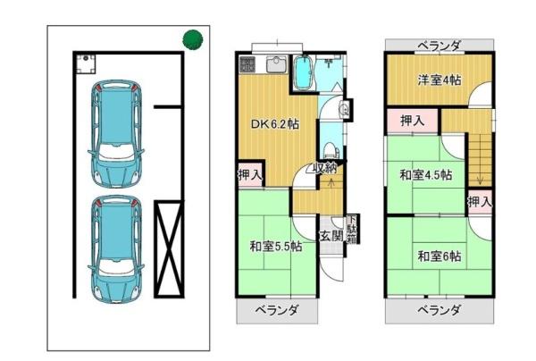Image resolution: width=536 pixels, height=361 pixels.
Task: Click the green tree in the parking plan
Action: tap(193, 40)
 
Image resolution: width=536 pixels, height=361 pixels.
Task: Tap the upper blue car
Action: tap(116, 133)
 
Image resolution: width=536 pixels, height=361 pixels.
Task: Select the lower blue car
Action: tap(116, 249)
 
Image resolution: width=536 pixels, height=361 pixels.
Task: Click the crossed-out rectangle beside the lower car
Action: tap(169, 249)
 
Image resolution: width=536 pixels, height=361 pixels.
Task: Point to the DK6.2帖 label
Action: tap(275, 123)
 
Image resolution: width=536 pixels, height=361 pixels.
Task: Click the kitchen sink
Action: tap(277, 64)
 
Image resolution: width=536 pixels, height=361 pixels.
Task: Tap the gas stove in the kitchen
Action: tap(247, 64)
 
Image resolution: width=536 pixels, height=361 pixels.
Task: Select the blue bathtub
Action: tap(303, 72)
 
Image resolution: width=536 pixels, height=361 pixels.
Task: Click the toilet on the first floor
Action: tap(330, 150)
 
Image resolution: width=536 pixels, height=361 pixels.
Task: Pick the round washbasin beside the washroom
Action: tap(345, 109)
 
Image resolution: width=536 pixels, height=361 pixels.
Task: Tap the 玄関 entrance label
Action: tap(331, 236)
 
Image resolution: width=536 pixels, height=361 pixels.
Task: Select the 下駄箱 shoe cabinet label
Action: tap(352, 230)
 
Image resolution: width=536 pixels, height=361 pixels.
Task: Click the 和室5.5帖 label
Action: tap(275, 246)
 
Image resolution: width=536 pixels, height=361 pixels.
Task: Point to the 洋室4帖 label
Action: tap(440, 80)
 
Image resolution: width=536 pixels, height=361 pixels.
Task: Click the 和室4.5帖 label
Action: tap(426, 175)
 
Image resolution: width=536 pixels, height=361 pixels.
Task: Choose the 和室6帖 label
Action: tap(440, 256)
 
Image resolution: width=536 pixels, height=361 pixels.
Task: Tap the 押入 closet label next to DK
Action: tap(250, 175)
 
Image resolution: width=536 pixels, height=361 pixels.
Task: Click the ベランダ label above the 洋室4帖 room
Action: tap(440, 45)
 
